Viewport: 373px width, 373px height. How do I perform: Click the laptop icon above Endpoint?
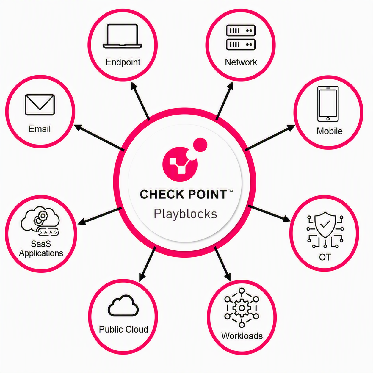pyautogui.click(x=122, y=36)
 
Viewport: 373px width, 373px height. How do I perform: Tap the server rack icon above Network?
pyautogui.click(x=241, y=37)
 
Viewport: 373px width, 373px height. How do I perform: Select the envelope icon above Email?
pyautogui.click(x=40, y=105)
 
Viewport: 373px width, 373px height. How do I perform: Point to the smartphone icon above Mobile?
pyautogui.click(x=328, y=104)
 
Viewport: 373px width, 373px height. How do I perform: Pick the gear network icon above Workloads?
pyautogui.click(x=242, y=308)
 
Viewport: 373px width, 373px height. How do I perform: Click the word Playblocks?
pyautogui.click(x=185, y=214)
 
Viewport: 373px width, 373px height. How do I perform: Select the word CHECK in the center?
pyautogui.click(x=162, y=194)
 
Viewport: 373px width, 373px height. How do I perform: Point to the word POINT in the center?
pyautogui.click(x=208, y=194)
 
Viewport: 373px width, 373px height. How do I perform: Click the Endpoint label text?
pyautogui.click(x=123, y=62)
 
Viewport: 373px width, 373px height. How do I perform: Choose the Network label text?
pyautogui.click(x=241, y=62)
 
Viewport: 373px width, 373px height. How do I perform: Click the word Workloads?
pyautogui.click(x=242, y=336)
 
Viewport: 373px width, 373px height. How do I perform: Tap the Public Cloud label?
pyautogui.click(x=123, y=329)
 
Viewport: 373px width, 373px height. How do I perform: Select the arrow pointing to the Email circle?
pyautogui.click(x=99, y=137)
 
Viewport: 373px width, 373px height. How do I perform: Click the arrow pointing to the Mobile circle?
pyautogui.click(x=270, y=138)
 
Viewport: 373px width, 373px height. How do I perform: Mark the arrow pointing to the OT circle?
pyautogui.click(x=269, y=213)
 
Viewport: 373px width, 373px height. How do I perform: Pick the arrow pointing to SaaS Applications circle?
pyautogui.click(x=99, y=216)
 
